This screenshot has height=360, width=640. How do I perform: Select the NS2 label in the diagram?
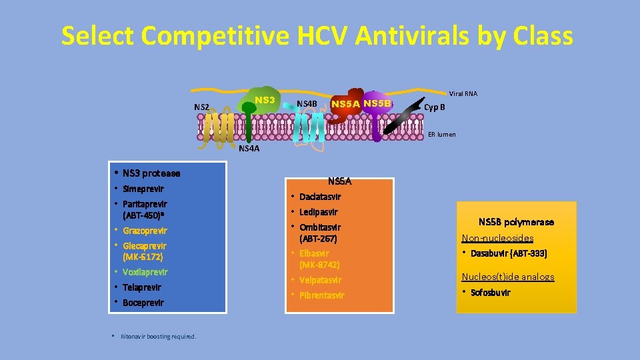(x=201, y=107)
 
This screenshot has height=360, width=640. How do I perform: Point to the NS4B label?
(x=306, y=103)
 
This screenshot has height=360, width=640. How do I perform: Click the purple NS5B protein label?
(x=378, y=103)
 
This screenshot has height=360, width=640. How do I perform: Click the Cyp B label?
(x=435, y=107)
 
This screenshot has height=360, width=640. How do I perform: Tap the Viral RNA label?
(x=463, y=93)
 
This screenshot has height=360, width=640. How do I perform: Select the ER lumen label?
(x=442, y=134)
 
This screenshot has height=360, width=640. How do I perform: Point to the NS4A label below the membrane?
(x=249, y=149)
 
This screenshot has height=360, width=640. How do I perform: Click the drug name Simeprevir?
(x=143, y=189)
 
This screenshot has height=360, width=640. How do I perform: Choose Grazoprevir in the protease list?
(x=145, y=231)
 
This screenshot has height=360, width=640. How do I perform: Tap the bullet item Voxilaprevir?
(x=145, y=272)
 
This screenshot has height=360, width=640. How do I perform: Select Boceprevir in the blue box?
(x=143, y=303)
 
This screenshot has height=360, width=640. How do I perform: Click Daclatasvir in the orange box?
(x=320, y=197)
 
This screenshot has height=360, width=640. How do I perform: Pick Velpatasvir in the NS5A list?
(x=320, y=280)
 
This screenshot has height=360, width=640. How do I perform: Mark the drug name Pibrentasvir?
(x=321, y=295)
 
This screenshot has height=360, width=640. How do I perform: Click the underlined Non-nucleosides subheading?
(x=497, y=238)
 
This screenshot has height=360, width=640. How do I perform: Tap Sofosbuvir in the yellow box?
(x=490, y=292)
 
